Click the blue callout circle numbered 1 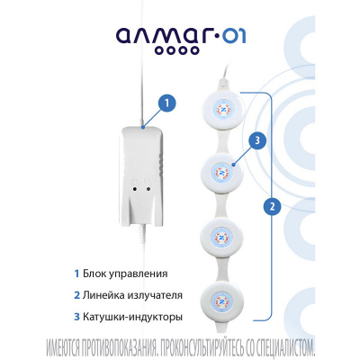[x=167, y=103]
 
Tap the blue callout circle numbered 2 [x=273, y=207]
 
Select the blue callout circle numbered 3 [x=257, y=140]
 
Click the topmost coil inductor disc [x=223, y=110]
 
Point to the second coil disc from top [x=222, y=174]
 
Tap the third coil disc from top [x=222, y=238]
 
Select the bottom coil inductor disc [x=220, y=301]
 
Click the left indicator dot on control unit [x=135, y=189]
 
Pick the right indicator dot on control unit [x=148, y=189]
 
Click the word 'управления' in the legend [x=138, y=274]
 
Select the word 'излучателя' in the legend [x=155, y=296]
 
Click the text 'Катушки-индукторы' [x=132, y=317]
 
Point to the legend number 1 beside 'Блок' [x=77, y=274]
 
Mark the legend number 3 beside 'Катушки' [x=76, y=317]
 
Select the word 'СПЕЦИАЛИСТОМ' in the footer [x=283, y=347]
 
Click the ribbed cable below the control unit [x=141, y=232]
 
